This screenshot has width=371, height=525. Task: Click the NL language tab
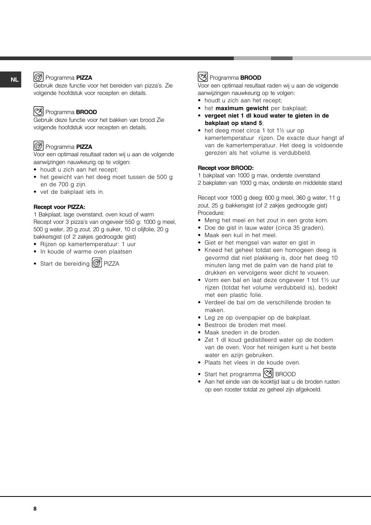pos(14,80)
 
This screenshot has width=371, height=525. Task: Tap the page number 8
pos(35,509)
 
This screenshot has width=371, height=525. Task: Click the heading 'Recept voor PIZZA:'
pos(59,207)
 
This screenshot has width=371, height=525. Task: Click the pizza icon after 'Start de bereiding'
pos(97,263)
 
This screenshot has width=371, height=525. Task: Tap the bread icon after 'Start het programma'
pos(268,373)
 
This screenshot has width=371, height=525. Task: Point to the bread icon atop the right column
pos(203,77)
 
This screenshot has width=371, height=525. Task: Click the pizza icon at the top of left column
pos(38,77)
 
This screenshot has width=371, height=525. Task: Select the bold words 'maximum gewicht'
pos(242,108)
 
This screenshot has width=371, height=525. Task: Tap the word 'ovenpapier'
pos(247,318)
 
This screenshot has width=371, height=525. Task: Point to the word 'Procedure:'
pos(211,213)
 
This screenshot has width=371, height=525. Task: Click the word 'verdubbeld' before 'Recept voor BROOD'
pos(295,153)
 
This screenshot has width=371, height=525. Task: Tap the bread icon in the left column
pos(38,111)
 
